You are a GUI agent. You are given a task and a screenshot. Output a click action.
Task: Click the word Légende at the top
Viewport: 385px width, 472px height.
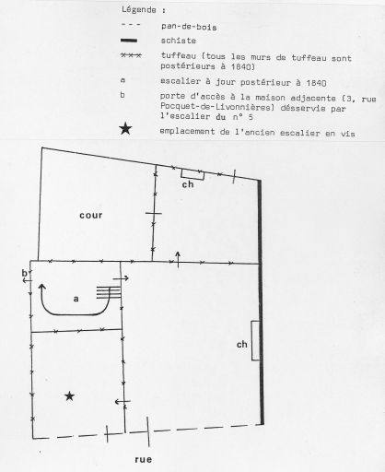139,9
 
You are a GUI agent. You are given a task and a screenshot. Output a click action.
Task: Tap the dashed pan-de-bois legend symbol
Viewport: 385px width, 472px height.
131,24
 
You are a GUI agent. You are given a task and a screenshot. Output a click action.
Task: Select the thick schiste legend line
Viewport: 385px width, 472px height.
129,41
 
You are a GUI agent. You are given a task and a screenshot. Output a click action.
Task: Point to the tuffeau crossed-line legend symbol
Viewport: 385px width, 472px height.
131,55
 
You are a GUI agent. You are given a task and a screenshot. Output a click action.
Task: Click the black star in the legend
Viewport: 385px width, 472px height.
125,128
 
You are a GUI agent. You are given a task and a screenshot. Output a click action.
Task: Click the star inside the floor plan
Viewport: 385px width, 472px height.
70,396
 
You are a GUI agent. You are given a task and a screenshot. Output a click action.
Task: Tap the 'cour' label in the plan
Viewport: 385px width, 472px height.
91,215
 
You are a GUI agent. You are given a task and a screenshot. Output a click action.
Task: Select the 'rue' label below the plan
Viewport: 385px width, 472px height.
144,459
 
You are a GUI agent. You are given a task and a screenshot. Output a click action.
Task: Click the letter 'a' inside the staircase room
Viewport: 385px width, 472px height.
76,299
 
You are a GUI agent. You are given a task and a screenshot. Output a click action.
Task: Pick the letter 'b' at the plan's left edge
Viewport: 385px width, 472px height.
24,273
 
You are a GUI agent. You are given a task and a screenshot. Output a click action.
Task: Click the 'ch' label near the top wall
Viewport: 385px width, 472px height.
188,184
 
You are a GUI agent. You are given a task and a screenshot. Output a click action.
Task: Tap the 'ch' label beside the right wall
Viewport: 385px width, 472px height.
242,345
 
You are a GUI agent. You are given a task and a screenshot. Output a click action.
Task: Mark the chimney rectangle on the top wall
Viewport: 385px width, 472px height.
192,174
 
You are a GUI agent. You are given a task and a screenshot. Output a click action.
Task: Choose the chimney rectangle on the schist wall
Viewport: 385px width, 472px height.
255,340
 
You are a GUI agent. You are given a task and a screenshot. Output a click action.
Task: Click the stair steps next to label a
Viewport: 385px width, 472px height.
109,292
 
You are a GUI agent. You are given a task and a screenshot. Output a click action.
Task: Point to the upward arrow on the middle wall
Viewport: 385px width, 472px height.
178,259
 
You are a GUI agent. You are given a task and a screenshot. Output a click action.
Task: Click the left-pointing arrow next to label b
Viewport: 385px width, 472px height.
28,280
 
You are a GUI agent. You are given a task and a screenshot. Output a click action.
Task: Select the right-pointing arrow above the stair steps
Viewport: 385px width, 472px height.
121,278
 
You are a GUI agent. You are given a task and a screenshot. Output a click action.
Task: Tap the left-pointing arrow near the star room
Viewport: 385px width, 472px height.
122,401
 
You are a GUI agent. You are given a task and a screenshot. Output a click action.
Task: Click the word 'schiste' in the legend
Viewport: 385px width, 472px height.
179,41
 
